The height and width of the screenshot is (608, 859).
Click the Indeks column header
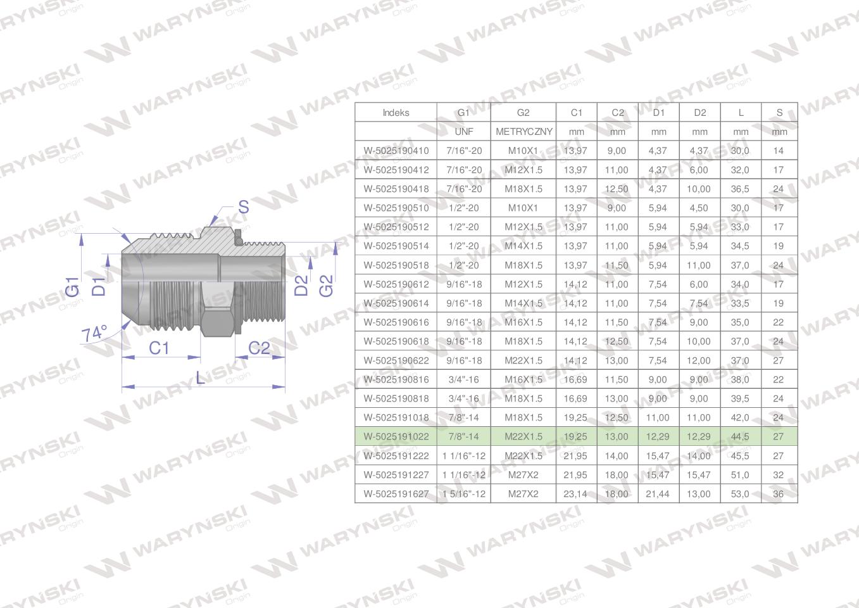click(x=396, y=112)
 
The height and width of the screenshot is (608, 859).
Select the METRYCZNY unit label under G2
click(x=524, y=132)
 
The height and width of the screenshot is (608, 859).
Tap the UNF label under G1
click(x=463, y=132)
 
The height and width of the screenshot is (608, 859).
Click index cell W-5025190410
click(x=396, y=151)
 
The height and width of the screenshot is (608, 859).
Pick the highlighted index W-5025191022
click(x=396, y=436)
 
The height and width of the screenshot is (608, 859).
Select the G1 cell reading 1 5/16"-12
click(x=463, y=494)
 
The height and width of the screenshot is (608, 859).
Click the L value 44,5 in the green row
click(x=740, y=436)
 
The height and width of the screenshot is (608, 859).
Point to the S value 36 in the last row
click(x=778, y=494)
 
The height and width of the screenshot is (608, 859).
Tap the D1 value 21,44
click(x=657, y=494)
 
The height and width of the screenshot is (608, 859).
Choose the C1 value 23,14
click(x=575, y=494)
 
